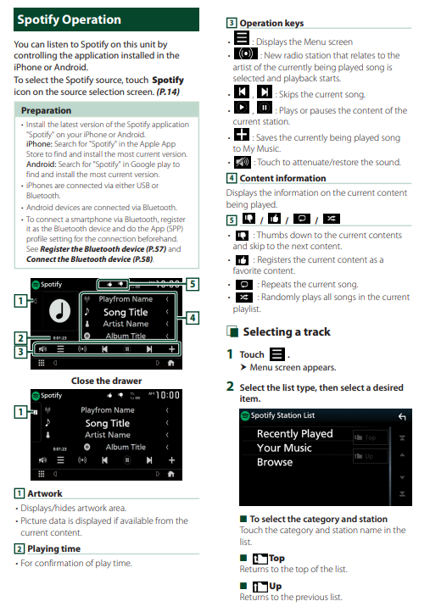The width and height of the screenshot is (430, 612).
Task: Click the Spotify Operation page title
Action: click(70, 19)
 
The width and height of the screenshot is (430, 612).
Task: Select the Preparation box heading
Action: click(46, 110)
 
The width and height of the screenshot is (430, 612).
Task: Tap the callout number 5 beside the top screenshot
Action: click(193, 284)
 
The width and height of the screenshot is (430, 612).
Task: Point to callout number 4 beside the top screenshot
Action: click(193, 318)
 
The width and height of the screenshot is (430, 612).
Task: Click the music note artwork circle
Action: click(59, 311)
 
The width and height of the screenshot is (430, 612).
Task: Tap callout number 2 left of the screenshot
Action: click(20, 338)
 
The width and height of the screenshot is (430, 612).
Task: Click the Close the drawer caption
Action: click(106, 381)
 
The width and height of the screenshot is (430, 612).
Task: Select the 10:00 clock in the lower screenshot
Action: click(168, 395)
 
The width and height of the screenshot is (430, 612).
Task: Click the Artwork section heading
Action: click(45, 493)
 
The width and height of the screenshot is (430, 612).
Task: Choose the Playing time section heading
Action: click(54, 548)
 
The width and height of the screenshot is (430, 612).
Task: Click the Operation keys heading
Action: click(271, 23)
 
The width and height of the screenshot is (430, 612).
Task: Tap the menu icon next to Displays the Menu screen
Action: click(242, 38)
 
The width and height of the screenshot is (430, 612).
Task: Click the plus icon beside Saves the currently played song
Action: click(242, 134)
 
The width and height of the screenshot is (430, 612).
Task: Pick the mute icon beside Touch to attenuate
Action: click(243, 162)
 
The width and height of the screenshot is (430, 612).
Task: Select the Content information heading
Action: click(282, 178)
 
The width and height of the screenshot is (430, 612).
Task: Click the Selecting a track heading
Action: click(287, 331)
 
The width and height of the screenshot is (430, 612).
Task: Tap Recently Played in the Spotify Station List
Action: click(295, 434)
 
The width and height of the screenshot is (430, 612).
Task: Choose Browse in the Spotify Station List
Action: click(275, 462)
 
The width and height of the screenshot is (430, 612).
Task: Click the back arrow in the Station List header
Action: click(402, 417)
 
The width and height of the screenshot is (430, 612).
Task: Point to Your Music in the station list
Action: click(284, 448)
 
